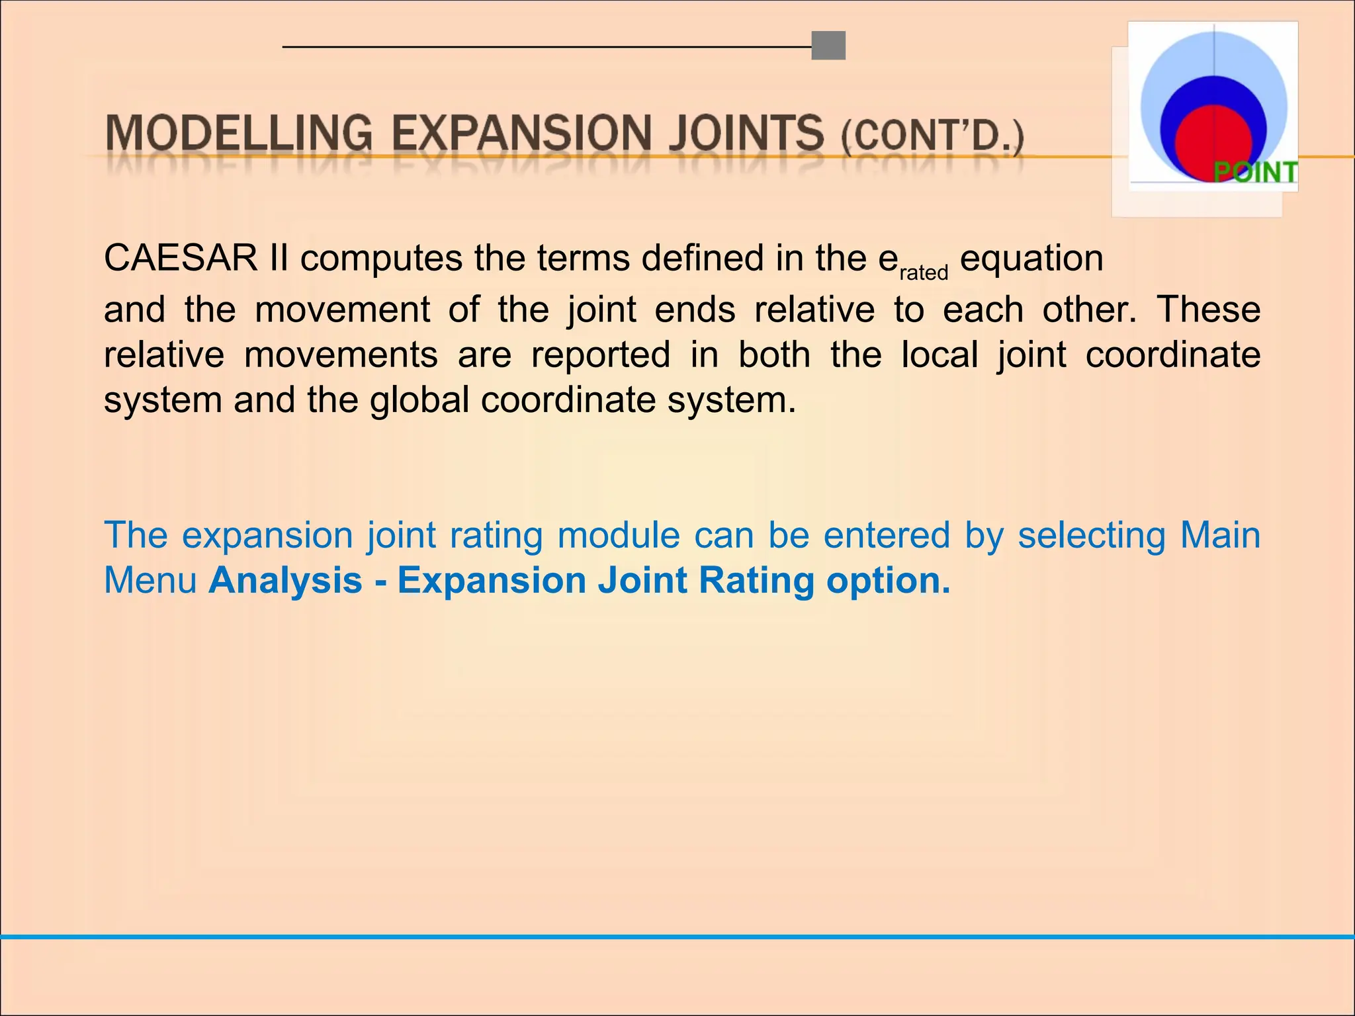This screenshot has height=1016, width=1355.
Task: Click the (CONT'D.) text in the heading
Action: (932, 136)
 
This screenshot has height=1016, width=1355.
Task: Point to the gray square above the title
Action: (828, 46)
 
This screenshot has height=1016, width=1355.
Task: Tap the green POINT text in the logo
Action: (1255, 172)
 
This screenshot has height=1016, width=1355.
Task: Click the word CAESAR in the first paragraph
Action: (181, 258)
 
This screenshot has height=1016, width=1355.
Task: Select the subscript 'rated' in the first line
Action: (924, 273)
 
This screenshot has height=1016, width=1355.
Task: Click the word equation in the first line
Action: (1031, 258)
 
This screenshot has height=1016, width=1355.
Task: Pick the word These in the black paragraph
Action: (1208, 309)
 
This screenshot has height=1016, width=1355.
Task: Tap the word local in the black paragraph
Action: (940, 355)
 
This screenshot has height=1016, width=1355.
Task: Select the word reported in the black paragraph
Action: (601, 355)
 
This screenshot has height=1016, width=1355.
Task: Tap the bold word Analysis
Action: (286, 580)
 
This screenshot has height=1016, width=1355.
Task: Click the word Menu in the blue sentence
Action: (150, 580)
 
